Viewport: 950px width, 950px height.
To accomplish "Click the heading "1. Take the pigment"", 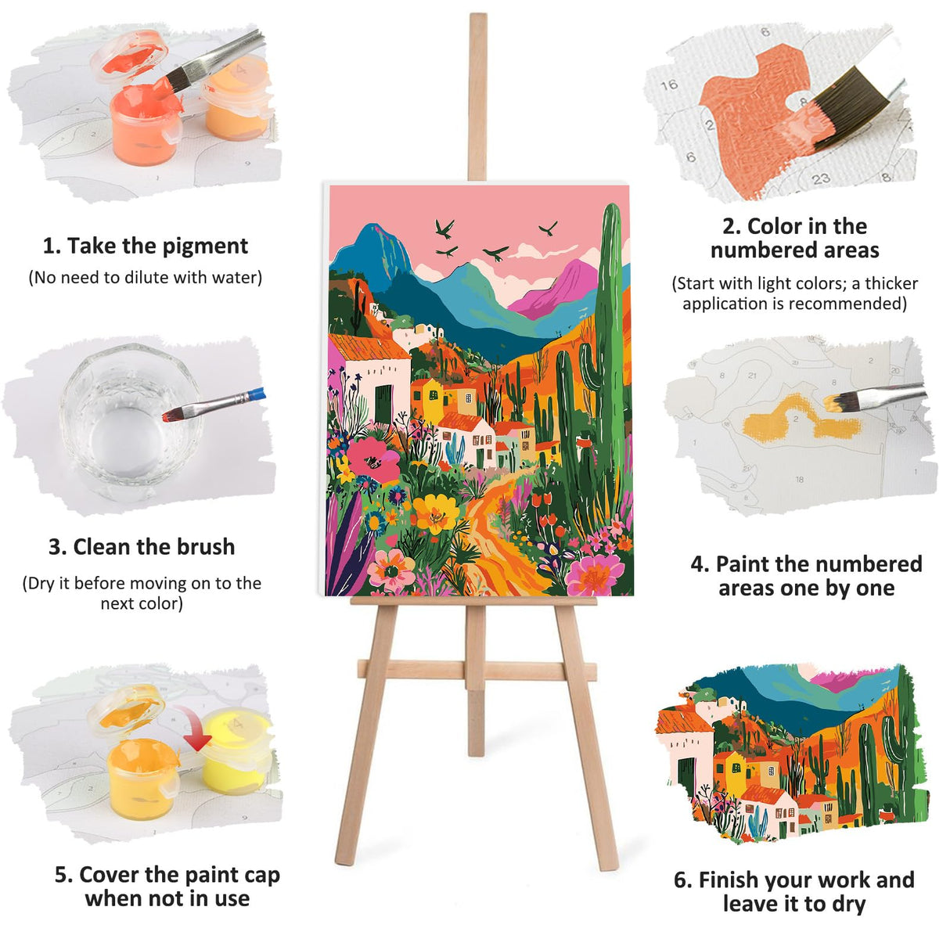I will (x=145, y=246).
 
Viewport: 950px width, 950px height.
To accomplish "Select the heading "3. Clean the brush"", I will (x=142, y=547).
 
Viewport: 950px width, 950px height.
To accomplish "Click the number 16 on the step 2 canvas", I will (x=668, y=85).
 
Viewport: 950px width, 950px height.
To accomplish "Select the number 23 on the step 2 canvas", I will (x=820, y=179).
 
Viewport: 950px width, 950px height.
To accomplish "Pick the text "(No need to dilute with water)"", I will (x=145, y=278).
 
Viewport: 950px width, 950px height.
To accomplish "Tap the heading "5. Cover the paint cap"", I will (x=167, y=875).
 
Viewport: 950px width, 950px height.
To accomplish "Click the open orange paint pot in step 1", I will (x=146, y=125).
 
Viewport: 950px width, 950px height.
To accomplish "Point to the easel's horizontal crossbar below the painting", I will (x=476, y=670).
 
